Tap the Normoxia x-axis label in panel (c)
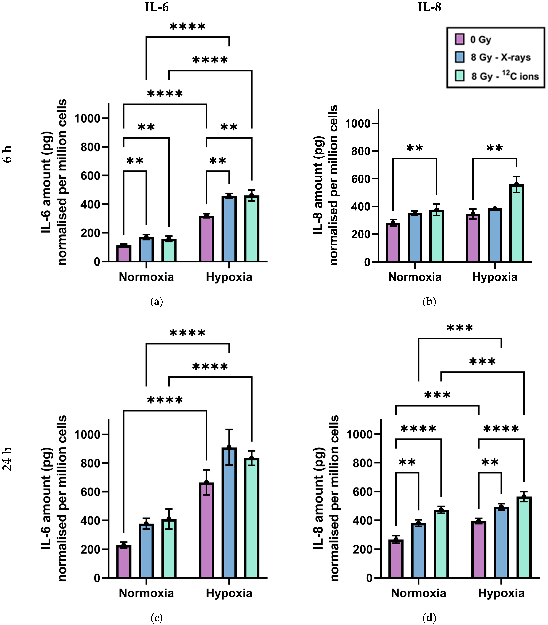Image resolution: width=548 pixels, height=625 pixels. click(146, 593)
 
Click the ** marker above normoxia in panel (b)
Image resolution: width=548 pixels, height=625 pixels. click(415, 148)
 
